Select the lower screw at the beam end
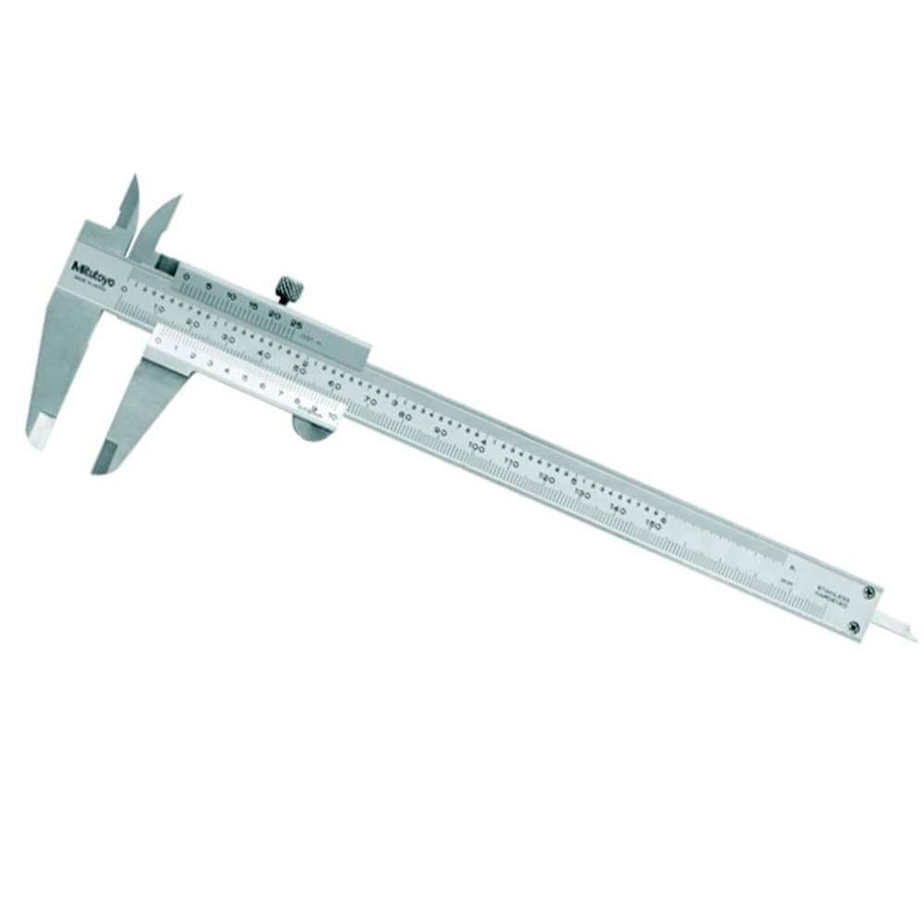pyautogui.click(x=853, y=628)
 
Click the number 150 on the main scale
pyautogui.click(x=652, y=524)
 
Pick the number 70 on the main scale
pyautogui.click(x=371, y=399)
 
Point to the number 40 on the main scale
pyautogui.click(x=264, y=353)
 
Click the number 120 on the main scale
pyautogui.click(x=547, y=478)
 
